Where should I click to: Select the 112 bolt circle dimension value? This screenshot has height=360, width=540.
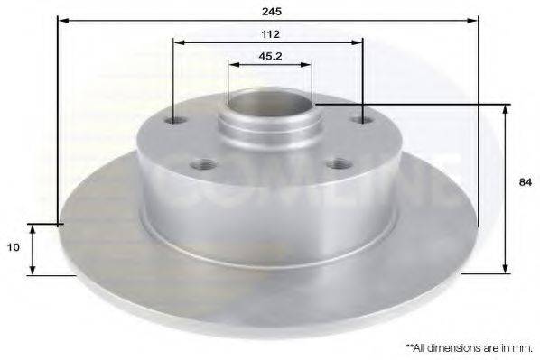[x=270, y=33]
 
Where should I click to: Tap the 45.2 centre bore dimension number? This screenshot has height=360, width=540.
[x=270, y=56]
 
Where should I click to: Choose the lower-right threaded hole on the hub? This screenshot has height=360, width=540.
[x=339, y=163]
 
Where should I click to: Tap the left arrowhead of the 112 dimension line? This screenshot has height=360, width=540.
[x=178, y=42]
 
